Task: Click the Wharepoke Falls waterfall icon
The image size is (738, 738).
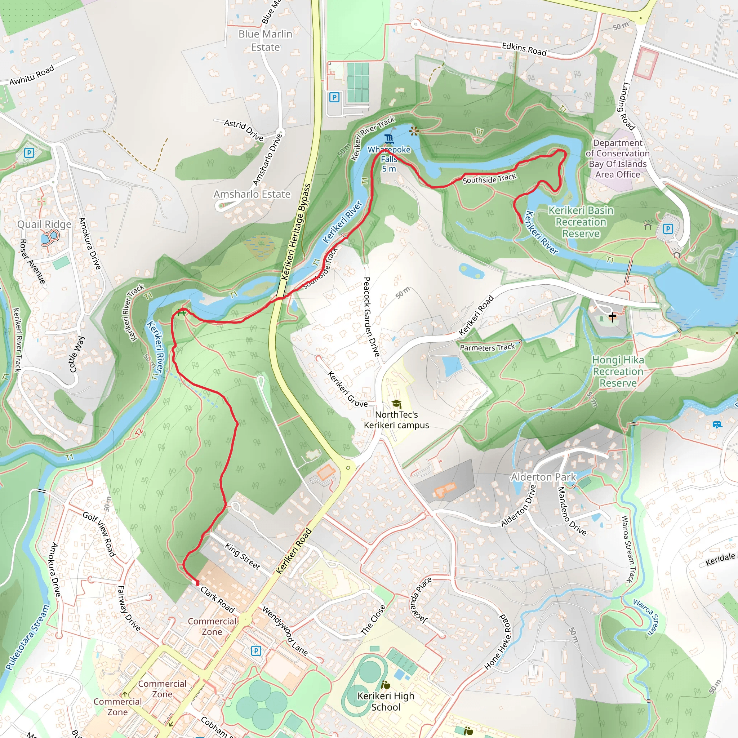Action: tap(389, 139)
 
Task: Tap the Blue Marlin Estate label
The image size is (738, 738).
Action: tap(265, 40)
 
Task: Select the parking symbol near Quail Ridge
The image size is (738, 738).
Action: tap(29, 153)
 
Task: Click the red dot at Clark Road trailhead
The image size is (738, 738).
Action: tap(197, 583)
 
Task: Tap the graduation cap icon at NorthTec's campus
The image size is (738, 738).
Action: tap(396, 404)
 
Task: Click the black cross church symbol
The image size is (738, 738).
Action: tap(612, 317)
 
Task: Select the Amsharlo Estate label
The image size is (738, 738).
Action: tap(252, 194)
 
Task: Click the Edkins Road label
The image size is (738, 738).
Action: tap(524, 49)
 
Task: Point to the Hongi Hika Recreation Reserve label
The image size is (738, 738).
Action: tap(618, 371)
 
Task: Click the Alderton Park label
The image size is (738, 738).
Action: tap(543, 477)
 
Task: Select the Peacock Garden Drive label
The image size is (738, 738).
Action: tap(371, 317)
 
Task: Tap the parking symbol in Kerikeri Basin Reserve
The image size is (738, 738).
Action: tap(667, 229)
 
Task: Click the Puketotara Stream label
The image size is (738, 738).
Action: tap(27, 637)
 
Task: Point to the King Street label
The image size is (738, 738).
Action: tap(242, 556)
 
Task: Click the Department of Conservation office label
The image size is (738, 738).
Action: tap(617, 159)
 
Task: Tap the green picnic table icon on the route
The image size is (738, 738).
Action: tap(182, 312)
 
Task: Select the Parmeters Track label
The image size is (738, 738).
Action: tap(488, 347)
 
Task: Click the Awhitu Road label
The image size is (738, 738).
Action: tap(32, 75)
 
